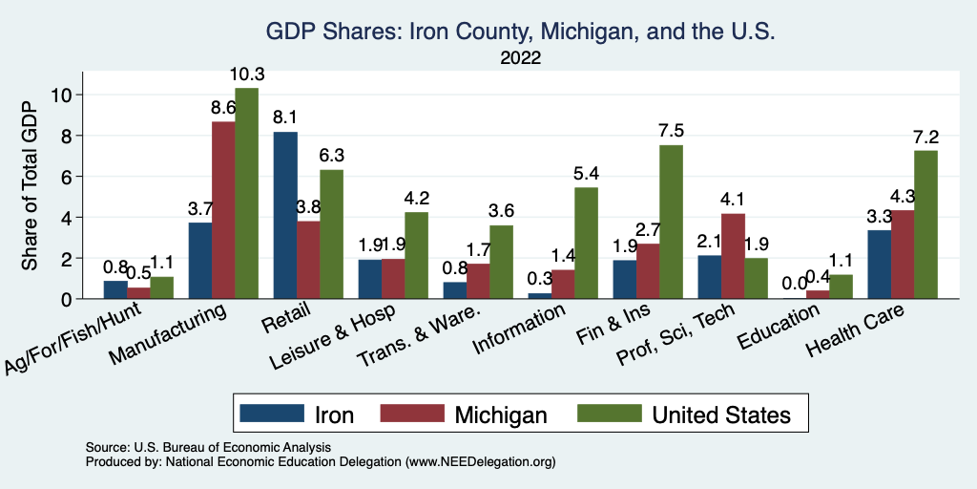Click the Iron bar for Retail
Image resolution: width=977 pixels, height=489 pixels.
coord(285,216)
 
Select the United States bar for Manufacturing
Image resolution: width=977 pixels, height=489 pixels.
coord(247,194)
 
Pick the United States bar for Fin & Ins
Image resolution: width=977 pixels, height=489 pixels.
coord(672,222)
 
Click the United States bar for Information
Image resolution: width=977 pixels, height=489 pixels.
coord(587,244)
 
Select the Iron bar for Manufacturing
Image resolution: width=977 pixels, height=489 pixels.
coord(200,261)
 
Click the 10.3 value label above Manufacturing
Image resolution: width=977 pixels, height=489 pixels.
coord(247,74)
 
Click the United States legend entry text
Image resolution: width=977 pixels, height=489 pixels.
coord(721,415)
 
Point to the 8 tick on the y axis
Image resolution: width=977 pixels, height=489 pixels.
coord(79,136)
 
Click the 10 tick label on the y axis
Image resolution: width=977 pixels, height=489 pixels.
coord(63,95)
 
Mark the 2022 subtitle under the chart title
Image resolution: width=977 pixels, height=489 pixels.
coord(521,58)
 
